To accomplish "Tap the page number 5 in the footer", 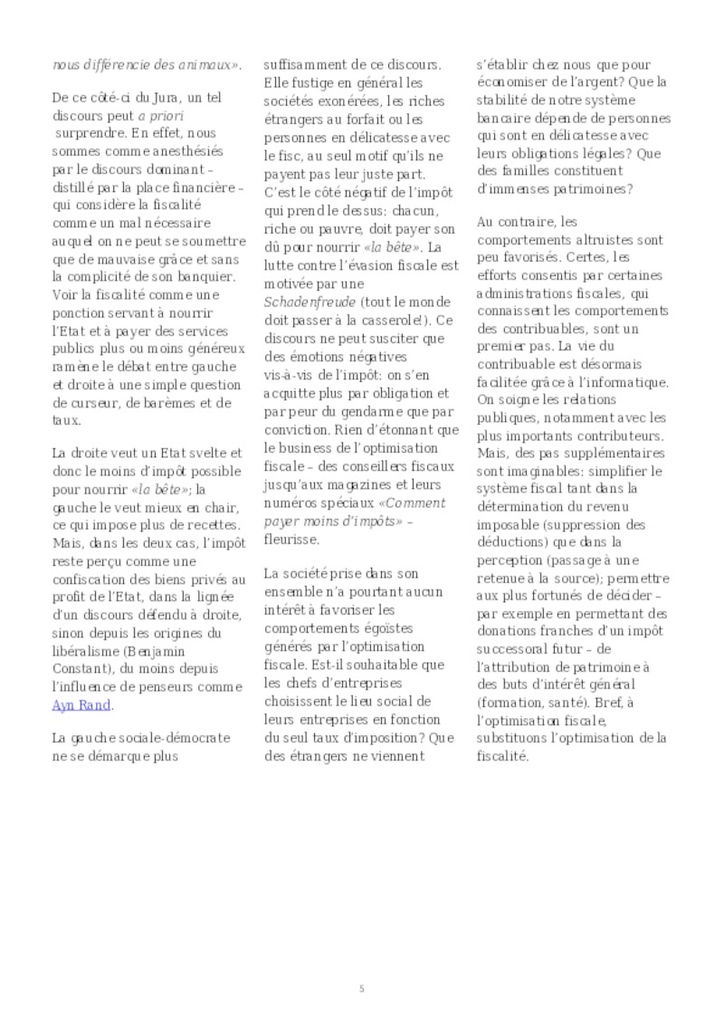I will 361,988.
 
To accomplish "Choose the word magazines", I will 370,486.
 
